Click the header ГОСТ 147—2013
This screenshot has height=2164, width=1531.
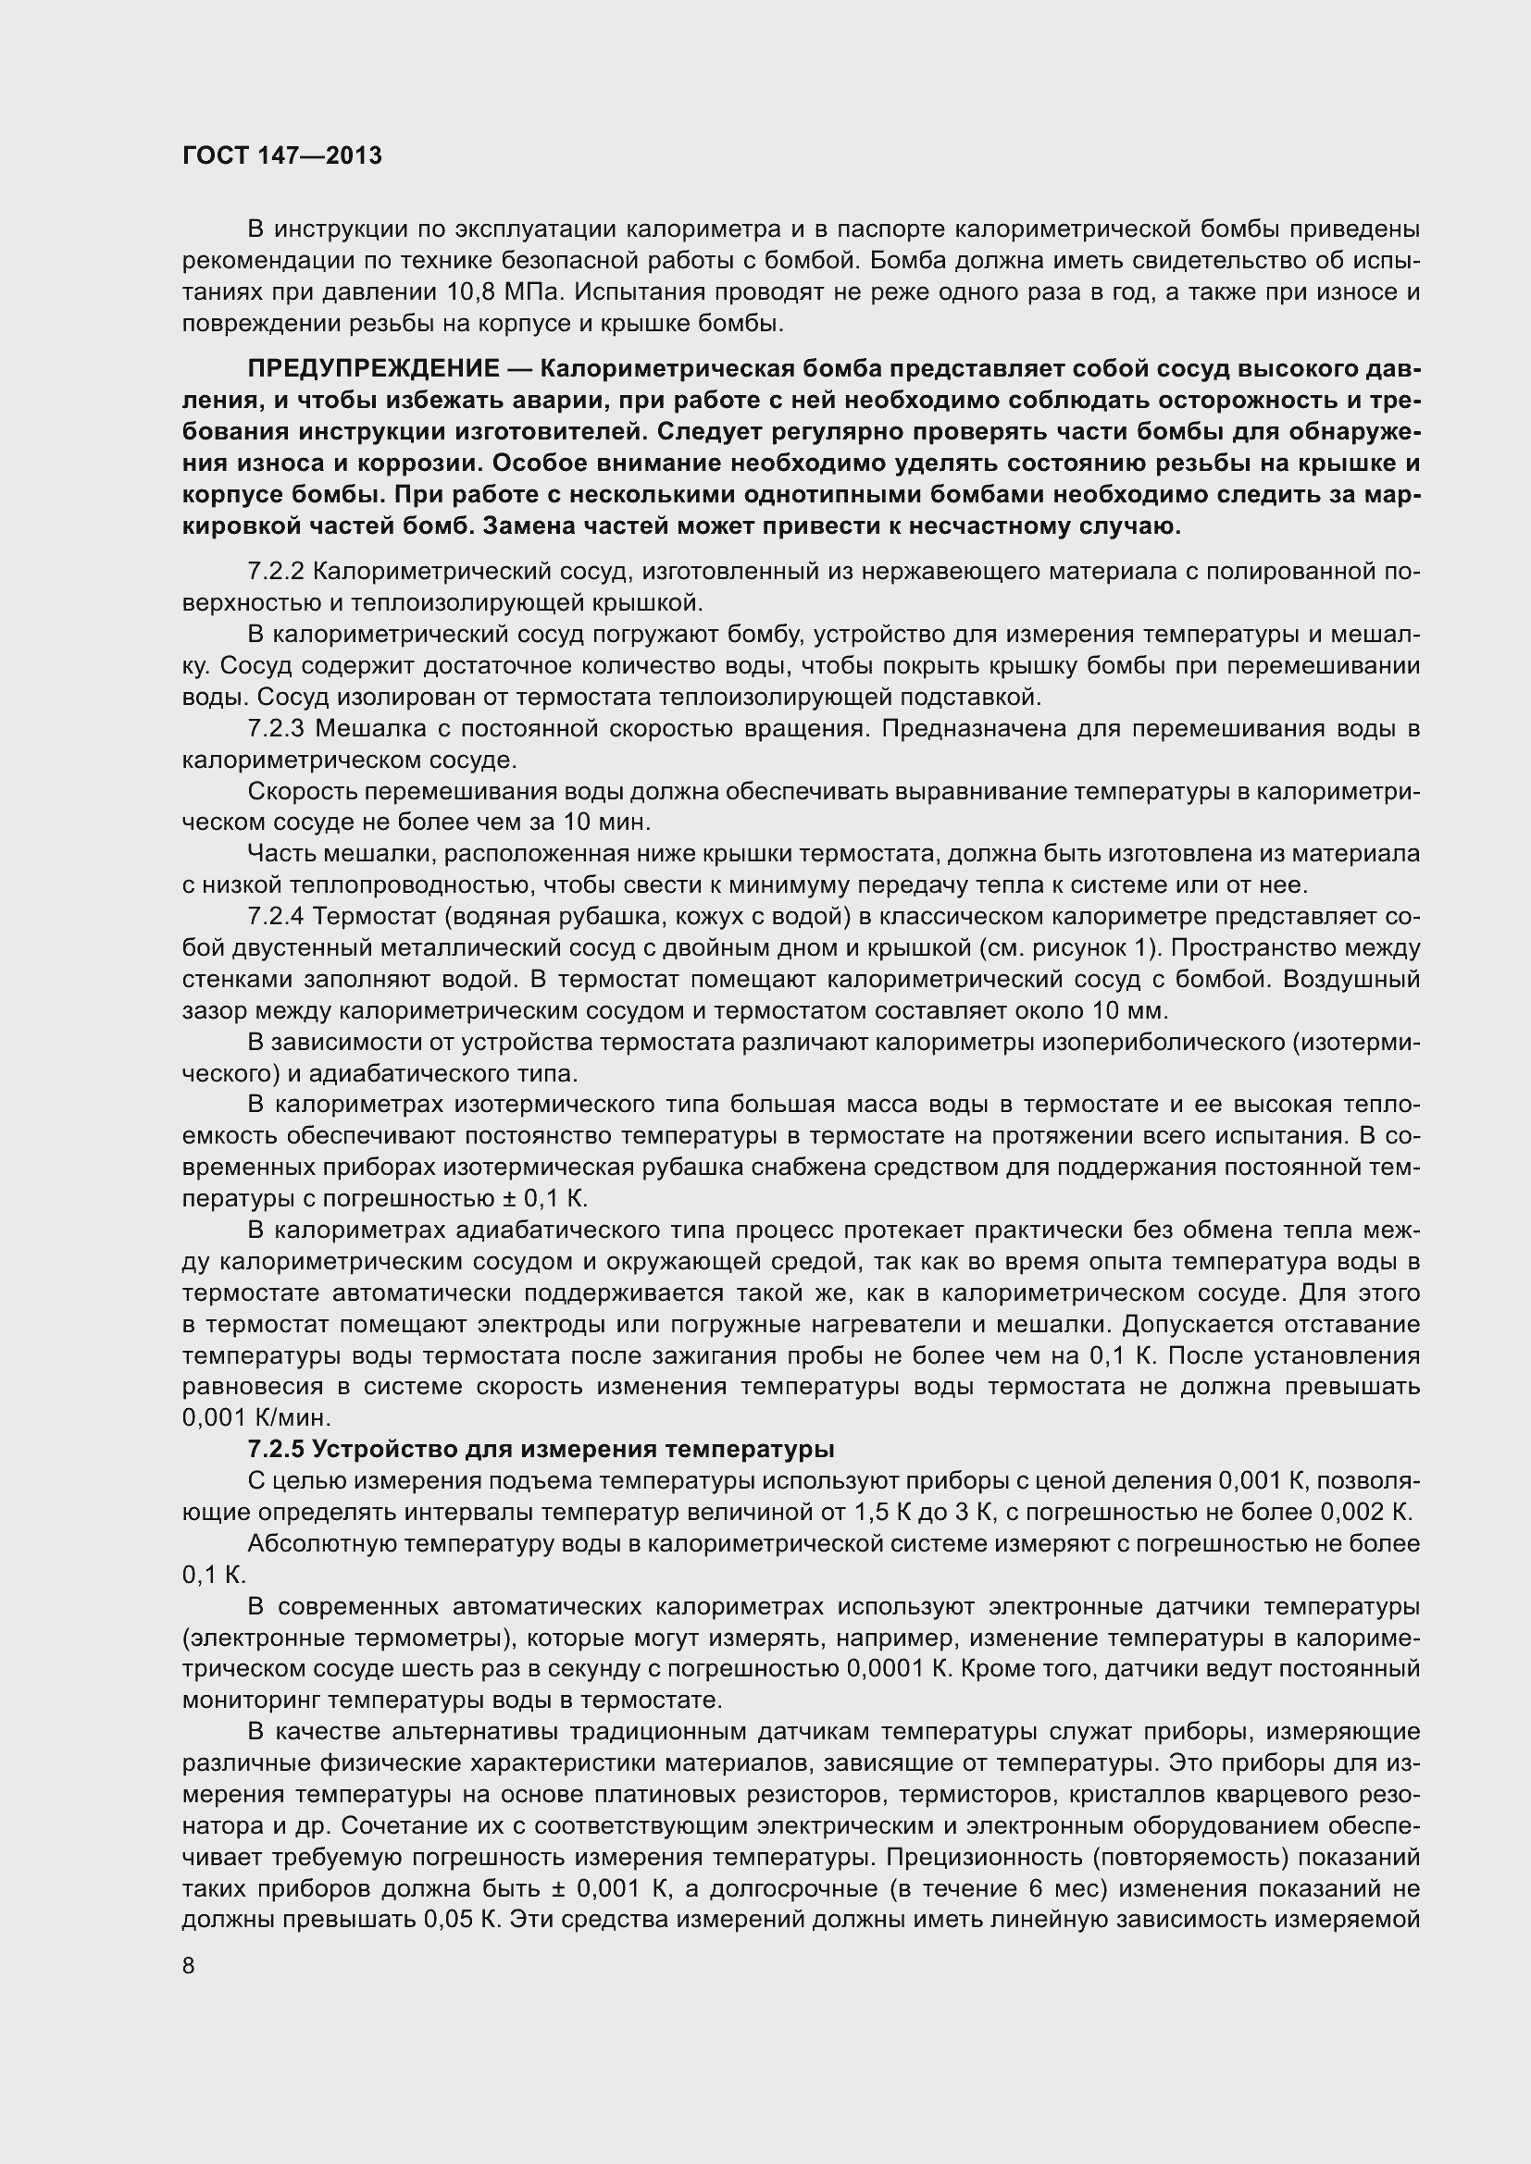[x=282, y=155]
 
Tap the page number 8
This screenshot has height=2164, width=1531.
[x=189, y=1966]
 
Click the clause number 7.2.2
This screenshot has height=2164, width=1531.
[x=276, y=571]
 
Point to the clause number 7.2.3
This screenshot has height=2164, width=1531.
[x=277, y=728]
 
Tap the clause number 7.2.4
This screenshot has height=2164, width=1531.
[x=276, y=916]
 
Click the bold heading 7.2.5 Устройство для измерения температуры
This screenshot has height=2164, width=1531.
[x=541, y=1449]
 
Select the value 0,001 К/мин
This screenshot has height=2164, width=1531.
[x=256, y=1417]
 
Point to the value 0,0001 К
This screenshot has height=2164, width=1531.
[x=897, y=1668]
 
